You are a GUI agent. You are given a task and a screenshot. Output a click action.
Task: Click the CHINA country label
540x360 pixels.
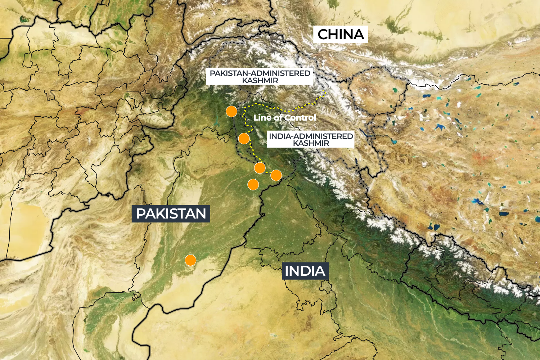click(x=341, y=35)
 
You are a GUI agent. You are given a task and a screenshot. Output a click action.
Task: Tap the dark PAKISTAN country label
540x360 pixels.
click(x=171, y=214)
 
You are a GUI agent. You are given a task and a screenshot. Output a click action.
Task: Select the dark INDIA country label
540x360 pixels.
click(x=305, y=271)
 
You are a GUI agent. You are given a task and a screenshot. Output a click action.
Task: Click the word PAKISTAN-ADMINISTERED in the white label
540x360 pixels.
click(x=260, y=73)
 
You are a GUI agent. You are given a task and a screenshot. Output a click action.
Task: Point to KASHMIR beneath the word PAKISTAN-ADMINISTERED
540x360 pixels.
click(x=260, y=81)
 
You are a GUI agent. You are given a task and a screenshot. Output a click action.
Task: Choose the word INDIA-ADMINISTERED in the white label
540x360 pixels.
click(x=311, y=136)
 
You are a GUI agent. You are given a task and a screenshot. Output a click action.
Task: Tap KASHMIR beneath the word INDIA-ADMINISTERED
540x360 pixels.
click(x=311, y=143)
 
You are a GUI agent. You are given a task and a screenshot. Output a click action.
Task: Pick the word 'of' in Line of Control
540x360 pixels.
click(x=278, y=118)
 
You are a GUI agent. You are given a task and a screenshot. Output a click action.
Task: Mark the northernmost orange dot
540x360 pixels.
click(x=231, y=111)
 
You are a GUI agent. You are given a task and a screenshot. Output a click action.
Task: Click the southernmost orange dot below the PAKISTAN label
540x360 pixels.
click(x=190, y=260)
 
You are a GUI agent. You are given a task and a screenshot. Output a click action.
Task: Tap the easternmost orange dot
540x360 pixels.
click(x=276, y=175)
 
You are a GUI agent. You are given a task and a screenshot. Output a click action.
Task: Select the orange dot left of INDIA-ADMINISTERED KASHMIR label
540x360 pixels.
click(x=244, y=138)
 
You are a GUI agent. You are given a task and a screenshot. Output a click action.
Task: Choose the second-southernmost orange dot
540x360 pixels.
click(x=253, y=185)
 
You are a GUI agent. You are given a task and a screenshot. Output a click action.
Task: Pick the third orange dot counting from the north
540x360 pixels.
click(x=260, y=168)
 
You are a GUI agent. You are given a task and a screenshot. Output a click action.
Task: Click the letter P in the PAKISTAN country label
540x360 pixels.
click(x=141, y=214)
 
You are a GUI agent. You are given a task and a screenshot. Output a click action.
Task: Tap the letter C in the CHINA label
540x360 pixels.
click(x=323, y=35)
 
